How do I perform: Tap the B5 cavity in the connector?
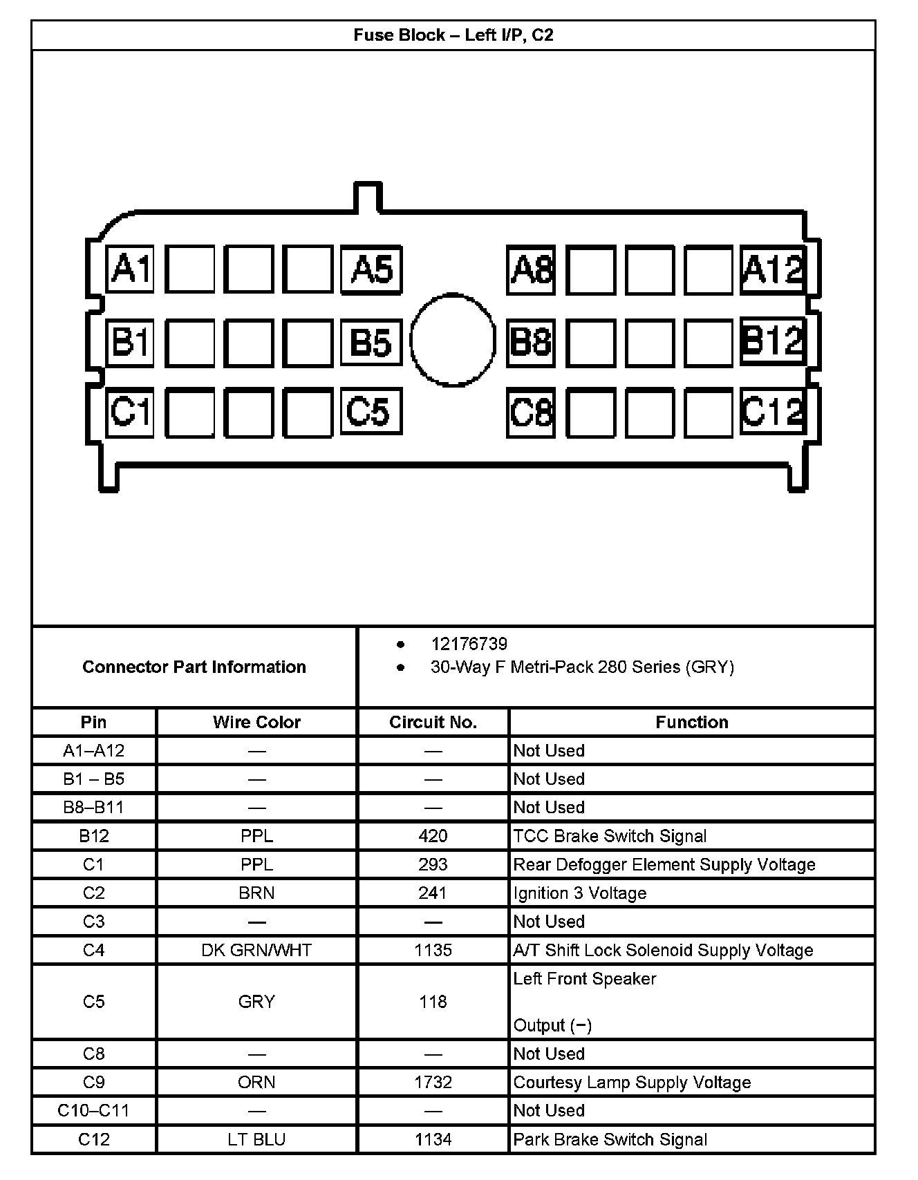371,341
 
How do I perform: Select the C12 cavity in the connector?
773,411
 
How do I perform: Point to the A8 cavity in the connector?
531,269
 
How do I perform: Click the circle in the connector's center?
453,339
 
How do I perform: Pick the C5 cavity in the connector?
371,412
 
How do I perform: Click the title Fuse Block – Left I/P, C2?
453,35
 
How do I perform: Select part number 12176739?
469,644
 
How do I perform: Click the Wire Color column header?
256,722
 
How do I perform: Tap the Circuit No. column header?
433,722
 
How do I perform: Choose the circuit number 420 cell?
433,836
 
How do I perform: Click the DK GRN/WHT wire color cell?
256,950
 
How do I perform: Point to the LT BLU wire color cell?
256,1139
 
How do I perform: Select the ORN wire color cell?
256,1082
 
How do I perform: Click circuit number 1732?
433,1082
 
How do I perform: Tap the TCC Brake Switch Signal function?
610,836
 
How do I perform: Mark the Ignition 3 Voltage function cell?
579,893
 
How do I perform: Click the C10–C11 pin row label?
93,1110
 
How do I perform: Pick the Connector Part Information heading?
194,667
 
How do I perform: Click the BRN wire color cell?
256,893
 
